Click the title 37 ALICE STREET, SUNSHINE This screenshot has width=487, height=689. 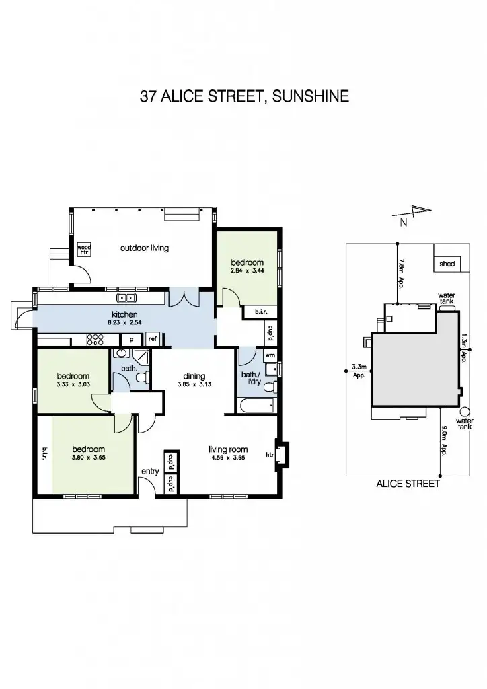tap(243, 96)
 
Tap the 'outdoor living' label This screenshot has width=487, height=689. tap(144, 248)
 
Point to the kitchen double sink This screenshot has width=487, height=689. tap(126, 298)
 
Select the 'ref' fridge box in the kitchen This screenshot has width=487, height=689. tap(153, 340)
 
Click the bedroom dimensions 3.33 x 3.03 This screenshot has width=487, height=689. tap(73, 386)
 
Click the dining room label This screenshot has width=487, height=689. tap(193, 377)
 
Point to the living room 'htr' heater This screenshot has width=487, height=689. tap(270, 455)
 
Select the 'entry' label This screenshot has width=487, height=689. tap(149, 471)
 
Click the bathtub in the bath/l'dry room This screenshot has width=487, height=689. tap(256, 405)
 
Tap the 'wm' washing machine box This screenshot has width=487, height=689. tap(270, 355)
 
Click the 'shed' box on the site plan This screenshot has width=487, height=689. tap(447, 264)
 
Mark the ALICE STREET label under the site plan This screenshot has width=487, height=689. tap(408, 483)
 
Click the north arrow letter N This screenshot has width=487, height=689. tap(402, 223)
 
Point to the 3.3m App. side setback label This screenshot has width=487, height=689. tap(359, 371)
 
